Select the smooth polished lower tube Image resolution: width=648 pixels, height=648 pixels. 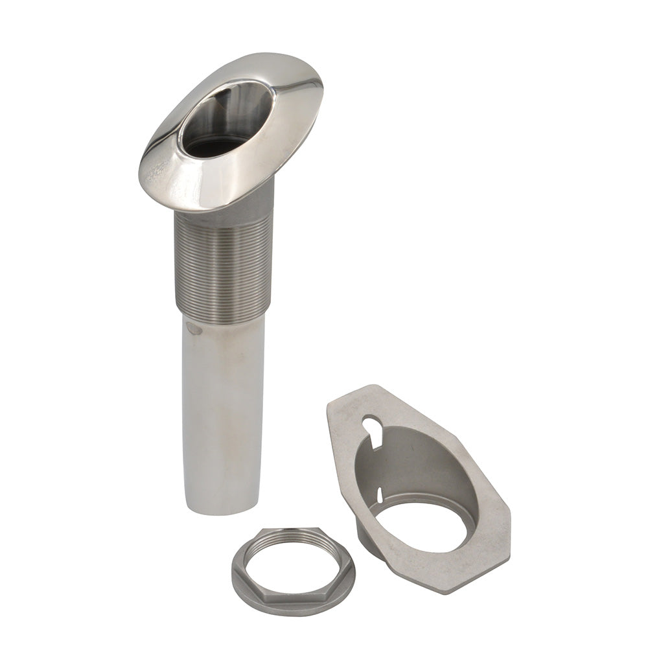click(x=222, y=415)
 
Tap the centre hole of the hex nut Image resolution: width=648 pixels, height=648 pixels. click(x=293, y=564)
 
